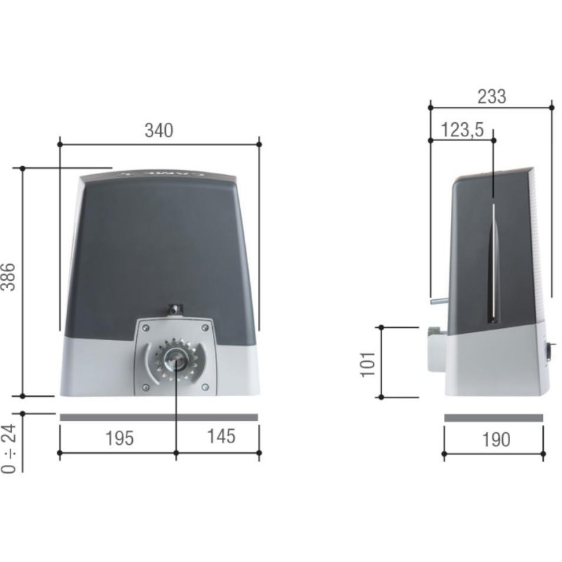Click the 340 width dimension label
coord(159,130)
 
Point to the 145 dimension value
coord(221,436)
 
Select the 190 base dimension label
coord(495,440)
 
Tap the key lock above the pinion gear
coord(174,308)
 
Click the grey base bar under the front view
coord(159,417)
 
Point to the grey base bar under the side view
coord(493,418)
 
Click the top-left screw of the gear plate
coord(144,327)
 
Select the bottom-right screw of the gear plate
coord(204,387)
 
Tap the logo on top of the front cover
coord(160,172)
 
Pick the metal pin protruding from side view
coord(437,302)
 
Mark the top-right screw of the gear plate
coord(204,327)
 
